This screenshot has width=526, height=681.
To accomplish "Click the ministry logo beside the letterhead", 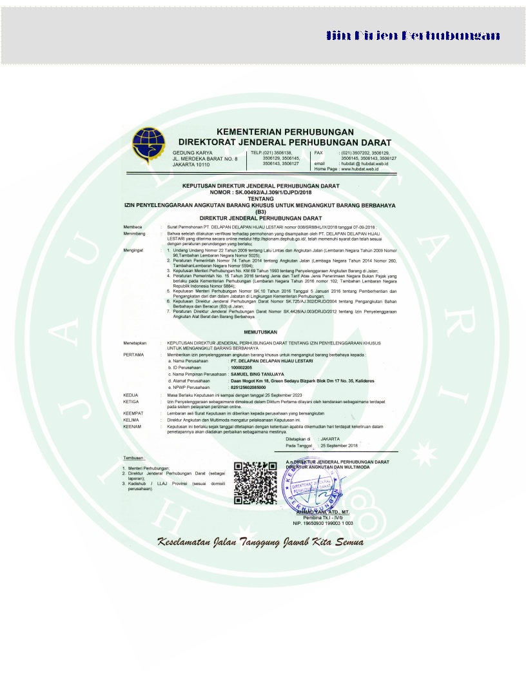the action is coord(149,146).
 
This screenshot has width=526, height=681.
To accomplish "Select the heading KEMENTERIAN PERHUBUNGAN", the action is coord(285,130).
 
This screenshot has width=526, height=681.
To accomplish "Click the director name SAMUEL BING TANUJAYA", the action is coord(257,374).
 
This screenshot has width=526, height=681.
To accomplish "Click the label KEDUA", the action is coord(130,393).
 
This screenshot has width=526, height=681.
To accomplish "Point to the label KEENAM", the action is coord(132,426).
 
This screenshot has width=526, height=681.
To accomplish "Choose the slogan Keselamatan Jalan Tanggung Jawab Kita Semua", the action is coord(260,542).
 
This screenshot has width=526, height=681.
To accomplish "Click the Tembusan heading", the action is coord(134,458).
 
